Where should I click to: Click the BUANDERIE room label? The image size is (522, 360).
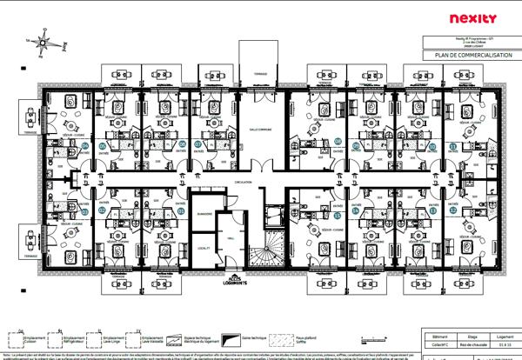point(205,213)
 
